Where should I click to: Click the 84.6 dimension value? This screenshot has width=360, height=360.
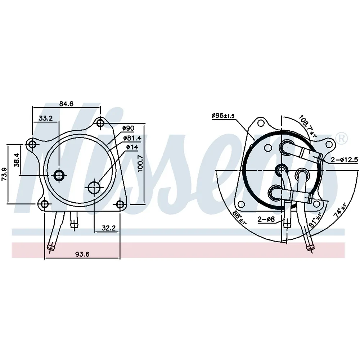[66, 104]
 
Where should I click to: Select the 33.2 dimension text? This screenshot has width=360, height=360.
[45, 118]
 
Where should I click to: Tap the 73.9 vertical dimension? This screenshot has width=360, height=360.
[4, 175]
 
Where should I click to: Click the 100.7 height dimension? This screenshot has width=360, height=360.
[140, 163]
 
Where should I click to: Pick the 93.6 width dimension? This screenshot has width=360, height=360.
[82, 254]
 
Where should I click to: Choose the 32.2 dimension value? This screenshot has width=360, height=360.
[109, 228]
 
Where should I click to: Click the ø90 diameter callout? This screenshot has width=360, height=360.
[128, 128]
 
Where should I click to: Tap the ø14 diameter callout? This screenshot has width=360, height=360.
[132, 147]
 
